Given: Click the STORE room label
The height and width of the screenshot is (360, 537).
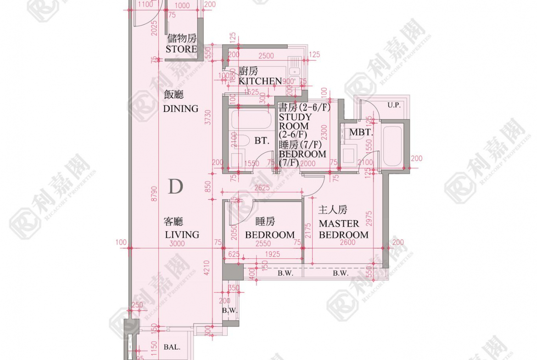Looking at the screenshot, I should tap(181, 49).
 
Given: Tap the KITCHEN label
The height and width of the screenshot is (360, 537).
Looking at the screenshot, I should tap(260, 81).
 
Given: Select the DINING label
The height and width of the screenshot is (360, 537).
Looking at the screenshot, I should tap(181, 109).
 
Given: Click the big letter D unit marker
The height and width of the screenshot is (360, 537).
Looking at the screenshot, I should tap(175, 187).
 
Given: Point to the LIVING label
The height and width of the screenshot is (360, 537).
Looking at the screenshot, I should tap(182, 234).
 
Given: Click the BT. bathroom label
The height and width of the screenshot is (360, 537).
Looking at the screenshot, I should tap(262, 141).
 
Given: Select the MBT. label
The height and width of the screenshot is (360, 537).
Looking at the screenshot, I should tap(361, 133).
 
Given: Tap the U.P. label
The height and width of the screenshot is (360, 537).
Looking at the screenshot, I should tap(393, 105).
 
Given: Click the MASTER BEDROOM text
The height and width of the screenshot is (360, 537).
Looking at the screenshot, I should tap(343, 229).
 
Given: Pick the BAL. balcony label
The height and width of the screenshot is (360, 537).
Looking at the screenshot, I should tap(172, 347).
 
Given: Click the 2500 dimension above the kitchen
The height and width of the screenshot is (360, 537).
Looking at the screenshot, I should tap(266, 56).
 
